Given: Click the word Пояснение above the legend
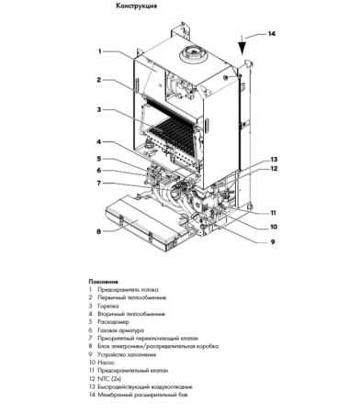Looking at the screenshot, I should tap(104, 281).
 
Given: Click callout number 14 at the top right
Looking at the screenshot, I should tap(271, 34).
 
